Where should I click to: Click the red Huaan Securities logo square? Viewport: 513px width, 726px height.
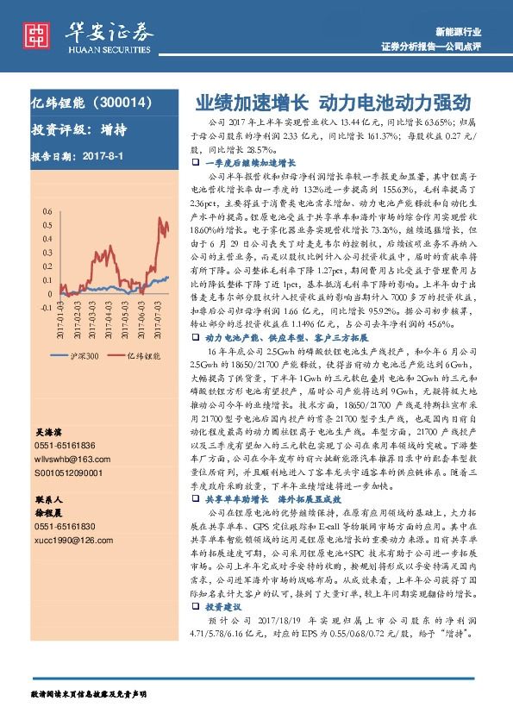tap(37, 34)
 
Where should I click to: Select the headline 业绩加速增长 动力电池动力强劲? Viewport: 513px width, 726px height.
tap(332, 103)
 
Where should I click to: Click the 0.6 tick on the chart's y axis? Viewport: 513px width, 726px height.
tap(45, 210)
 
